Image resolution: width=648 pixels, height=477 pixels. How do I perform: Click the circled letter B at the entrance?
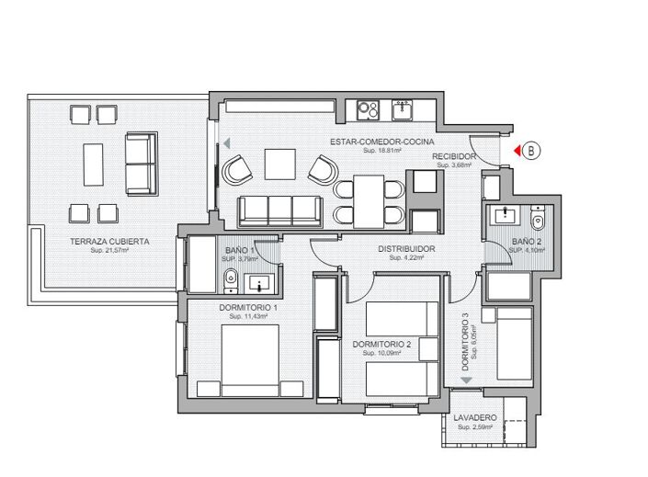[x=530, y=150]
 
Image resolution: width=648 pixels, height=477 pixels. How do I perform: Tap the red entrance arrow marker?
[x=517, y=150]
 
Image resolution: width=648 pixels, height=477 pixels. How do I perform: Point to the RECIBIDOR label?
[x=455, y=157]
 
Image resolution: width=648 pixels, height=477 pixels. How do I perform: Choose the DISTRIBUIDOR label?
[x=406, y=249]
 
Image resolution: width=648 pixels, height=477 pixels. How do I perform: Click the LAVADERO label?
[x=475, y=418]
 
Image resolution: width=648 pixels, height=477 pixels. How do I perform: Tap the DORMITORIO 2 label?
[x=381, y=345]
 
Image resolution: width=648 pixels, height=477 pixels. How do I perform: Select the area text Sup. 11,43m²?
[x=248, y=316]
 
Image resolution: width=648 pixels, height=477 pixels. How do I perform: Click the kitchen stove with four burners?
[x=369, y=109]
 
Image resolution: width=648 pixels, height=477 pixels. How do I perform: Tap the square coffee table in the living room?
[x=280, y=165]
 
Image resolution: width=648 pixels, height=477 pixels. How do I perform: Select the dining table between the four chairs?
[x=369, y=202]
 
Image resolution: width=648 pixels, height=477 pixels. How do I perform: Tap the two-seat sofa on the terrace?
[x=141, y=164]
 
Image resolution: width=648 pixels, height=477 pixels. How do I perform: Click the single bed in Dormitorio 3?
[x=515, y=344]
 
